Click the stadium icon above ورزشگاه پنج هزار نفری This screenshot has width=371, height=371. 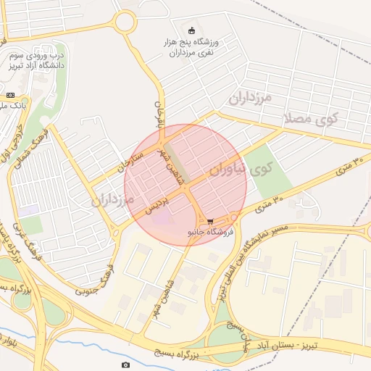(x=191, y=31)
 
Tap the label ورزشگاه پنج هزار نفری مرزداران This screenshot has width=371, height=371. (x=191, y=48)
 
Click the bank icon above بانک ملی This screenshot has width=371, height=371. (x=10, y=95)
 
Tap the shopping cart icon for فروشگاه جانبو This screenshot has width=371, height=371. (x=210, y=222)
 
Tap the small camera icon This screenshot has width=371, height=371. (x=126, y=364)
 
